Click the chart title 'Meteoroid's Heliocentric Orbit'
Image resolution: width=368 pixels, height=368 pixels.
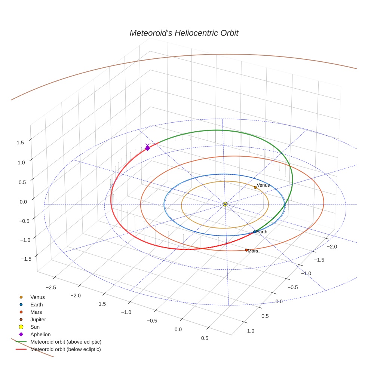(x=184, y=33)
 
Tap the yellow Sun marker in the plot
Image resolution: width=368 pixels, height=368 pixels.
(x=225, y=204)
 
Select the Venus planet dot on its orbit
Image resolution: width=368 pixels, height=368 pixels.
(x=255, y=187)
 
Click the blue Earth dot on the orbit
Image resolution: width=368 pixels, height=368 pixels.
(x=255, y=232)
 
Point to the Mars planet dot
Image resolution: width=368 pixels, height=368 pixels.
(x=246, y=250)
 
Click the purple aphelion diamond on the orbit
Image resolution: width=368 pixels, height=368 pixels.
(x=147, y=148)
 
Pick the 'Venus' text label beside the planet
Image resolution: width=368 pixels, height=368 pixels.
(x=263, y=185)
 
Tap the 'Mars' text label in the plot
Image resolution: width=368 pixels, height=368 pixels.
(x=253, y=251)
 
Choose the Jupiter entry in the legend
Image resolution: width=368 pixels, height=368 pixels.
(x=38, y=319)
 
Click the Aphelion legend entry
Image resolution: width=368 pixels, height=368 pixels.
(x=40, y=334)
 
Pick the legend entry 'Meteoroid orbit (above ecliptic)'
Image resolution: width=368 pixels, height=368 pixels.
(x=66, y=342)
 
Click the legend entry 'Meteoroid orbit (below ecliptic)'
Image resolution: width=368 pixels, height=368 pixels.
(x=66, y=349)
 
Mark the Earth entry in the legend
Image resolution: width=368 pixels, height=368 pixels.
(x=36, y=304)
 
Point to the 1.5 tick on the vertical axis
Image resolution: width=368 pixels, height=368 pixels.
(x=20, y=142)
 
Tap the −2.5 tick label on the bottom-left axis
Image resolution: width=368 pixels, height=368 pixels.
(x=51, y=287)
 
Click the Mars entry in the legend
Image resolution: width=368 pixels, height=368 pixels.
(x=36, y=312)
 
